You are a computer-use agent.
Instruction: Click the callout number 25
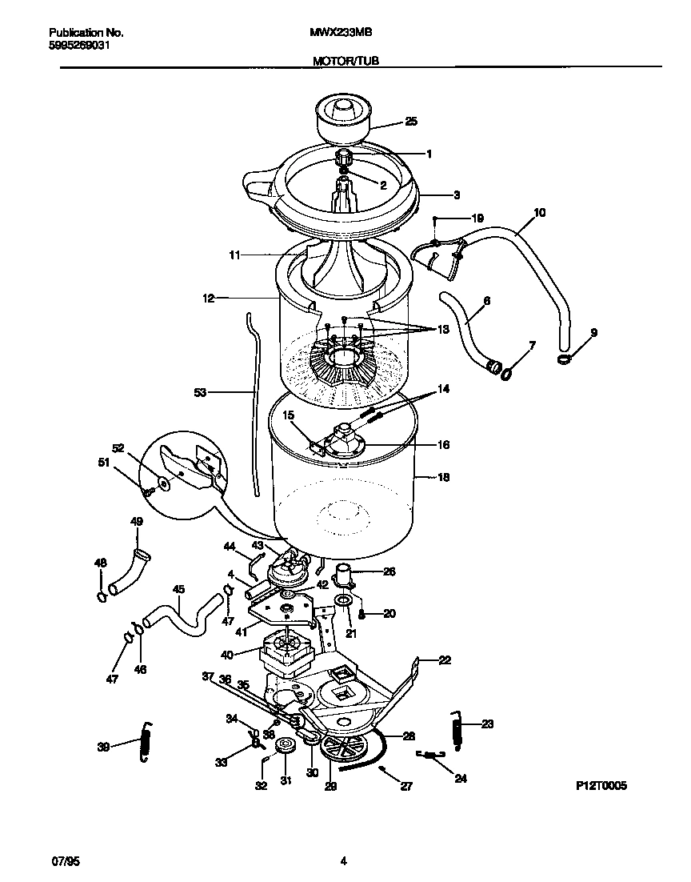click(x=411, y=122)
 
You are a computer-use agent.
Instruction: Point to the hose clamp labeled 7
click(x=507, y=371)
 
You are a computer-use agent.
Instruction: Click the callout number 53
click(x=200, y=392)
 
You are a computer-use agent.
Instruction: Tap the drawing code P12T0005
click(x=601, y=786)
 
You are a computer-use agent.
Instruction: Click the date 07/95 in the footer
click(x=66, y=861)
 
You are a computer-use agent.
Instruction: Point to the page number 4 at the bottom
click(x=343, y=861)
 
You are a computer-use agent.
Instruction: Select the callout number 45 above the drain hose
click(x=178, y=590)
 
